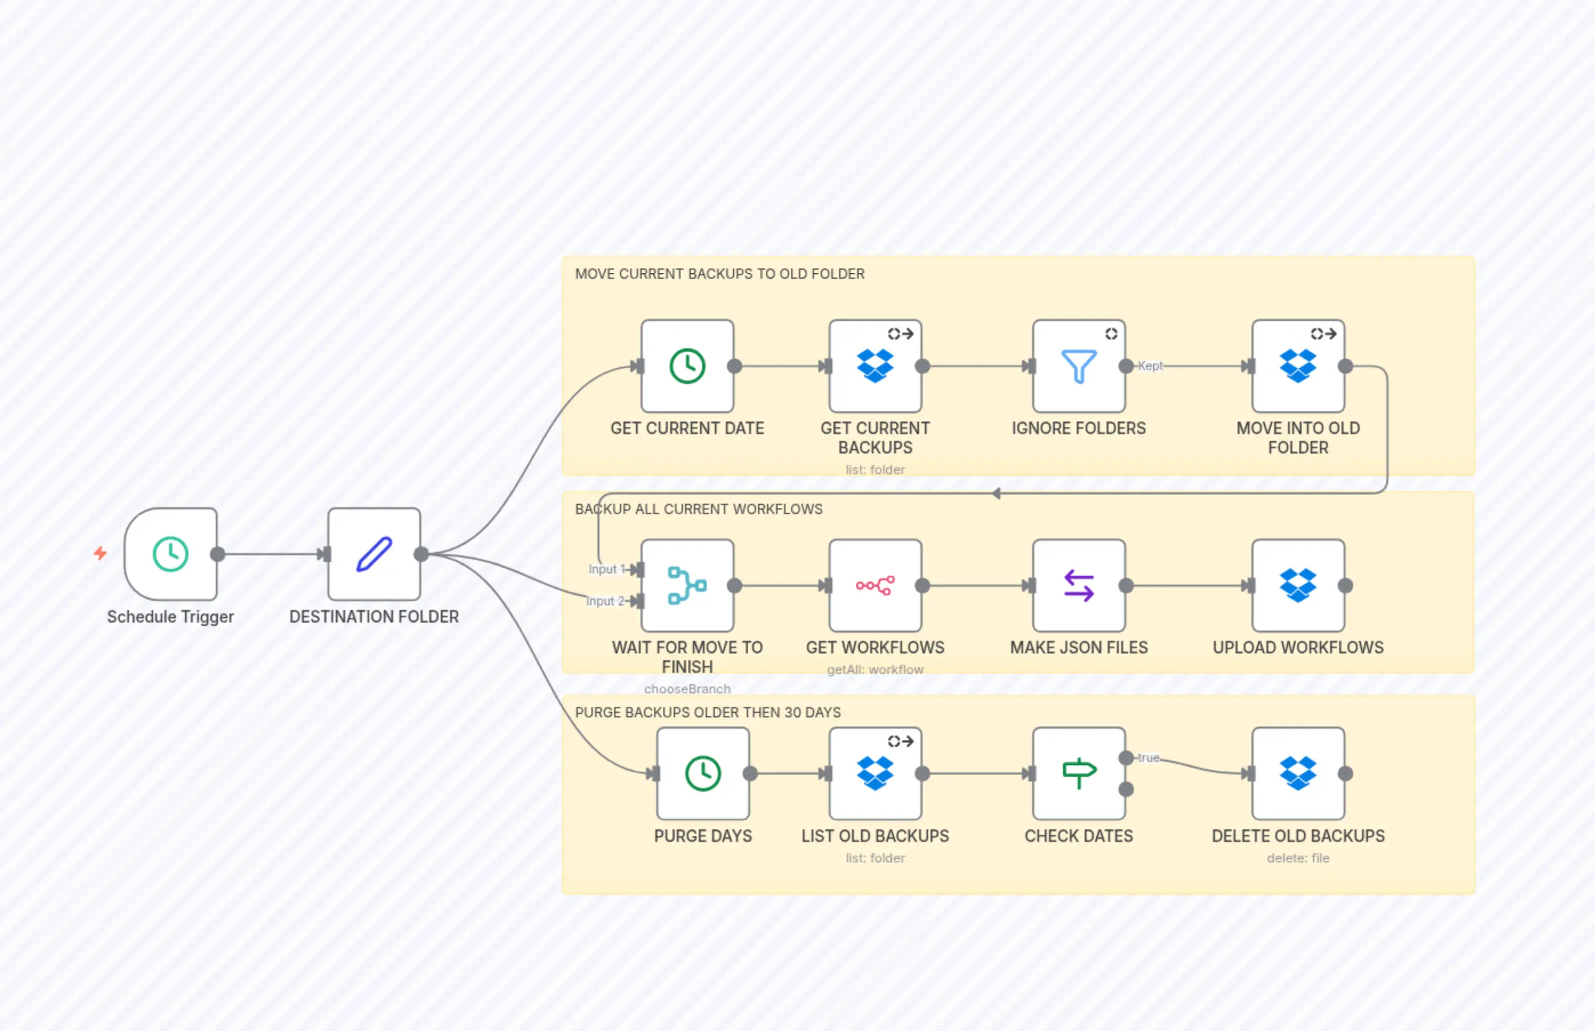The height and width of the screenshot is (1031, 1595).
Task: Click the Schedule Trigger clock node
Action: point(171,553)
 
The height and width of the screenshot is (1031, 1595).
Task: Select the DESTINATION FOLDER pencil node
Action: point(374,553)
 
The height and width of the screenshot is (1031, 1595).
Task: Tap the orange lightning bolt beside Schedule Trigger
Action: point(100,553)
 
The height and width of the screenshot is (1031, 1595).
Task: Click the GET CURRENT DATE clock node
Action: point(687,366)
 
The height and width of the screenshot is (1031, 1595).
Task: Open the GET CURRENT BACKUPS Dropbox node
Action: point(875,366)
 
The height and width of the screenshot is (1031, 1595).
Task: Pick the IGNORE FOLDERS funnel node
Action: point(1078,366)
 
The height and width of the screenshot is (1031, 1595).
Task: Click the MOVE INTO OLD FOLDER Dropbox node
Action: point(1298,366)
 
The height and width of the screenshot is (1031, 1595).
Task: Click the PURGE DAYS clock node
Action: point(703,773)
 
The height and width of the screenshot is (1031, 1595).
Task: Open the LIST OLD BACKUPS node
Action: point(875,773)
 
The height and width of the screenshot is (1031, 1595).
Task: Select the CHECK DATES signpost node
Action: point(1078,773)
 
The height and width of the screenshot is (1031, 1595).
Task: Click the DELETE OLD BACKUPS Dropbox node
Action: point(1298,773)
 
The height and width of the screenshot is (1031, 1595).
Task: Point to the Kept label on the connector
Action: point(1150,366)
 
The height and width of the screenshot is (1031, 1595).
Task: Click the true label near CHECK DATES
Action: point(1149,757)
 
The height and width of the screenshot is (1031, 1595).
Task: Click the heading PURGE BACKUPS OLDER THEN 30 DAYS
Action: point(708,712)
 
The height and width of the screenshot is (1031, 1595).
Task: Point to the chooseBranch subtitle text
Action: point(687,689)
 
